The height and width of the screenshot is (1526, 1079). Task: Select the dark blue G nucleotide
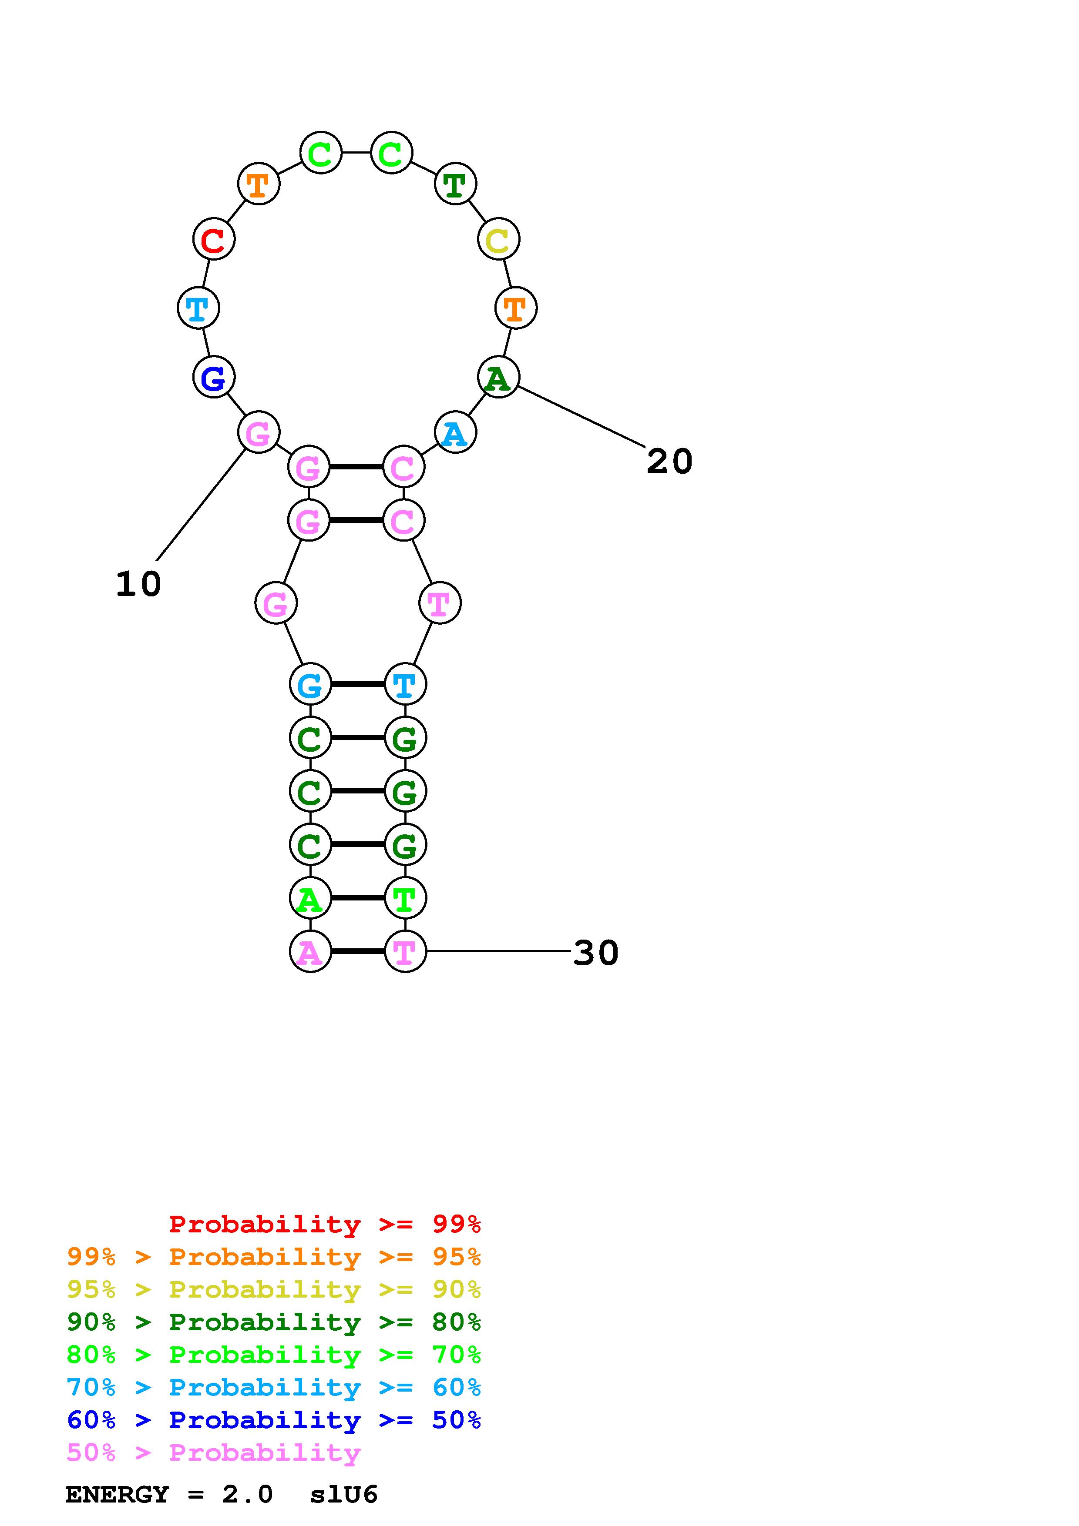tap(213, 378)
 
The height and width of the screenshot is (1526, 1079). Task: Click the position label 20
tap(669, 461)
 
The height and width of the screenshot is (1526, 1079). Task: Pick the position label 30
tap(596, 952)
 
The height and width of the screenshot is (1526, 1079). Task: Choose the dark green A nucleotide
tap(498, 378)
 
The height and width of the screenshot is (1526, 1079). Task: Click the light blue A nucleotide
tap(455, 433)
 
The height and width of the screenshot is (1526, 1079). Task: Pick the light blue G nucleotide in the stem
tap(310, 684)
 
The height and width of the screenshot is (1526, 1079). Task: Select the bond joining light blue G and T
tap(358, 684)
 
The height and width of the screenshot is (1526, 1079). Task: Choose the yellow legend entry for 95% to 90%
tap(274, 1289)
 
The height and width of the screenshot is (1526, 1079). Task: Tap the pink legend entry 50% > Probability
tap(213, 1452)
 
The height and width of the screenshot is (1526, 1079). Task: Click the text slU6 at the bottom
tap(344, 1494)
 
